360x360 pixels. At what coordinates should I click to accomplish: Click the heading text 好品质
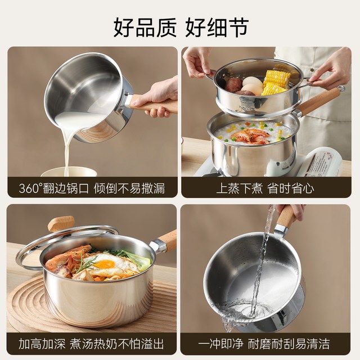tap(145, 28)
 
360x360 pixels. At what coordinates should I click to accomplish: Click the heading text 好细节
tap(217, 28)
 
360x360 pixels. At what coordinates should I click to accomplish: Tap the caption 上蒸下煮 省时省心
tap(265, 188)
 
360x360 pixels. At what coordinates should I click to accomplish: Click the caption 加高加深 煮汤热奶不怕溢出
tap(91, 344)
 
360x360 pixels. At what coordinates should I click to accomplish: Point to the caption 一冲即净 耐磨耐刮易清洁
tap(264, 344)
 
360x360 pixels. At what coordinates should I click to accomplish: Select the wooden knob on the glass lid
tap(61, 224)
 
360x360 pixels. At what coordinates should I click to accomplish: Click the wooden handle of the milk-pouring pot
tap(154, 105)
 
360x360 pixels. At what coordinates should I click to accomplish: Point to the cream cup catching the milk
tap(69, 172)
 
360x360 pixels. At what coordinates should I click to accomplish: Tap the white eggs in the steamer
tap(251, 85)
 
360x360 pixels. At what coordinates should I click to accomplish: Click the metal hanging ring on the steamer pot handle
tap(341, 88)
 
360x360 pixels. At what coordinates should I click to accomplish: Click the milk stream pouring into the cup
tap(67, 147)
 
